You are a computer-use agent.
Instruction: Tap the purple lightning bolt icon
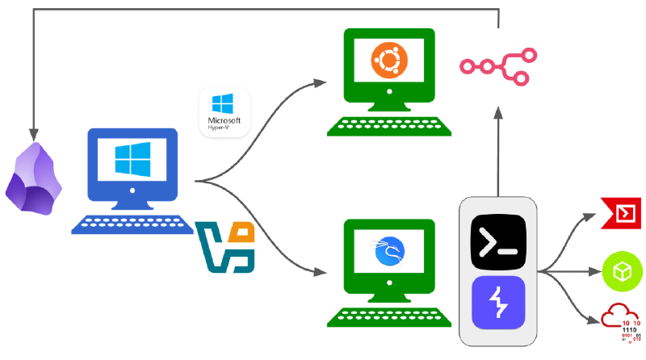click(498, 303)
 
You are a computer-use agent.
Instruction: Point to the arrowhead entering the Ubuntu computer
click(322, 82)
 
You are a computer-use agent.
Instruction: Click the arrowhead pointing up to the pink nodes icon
click(498, 113)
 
